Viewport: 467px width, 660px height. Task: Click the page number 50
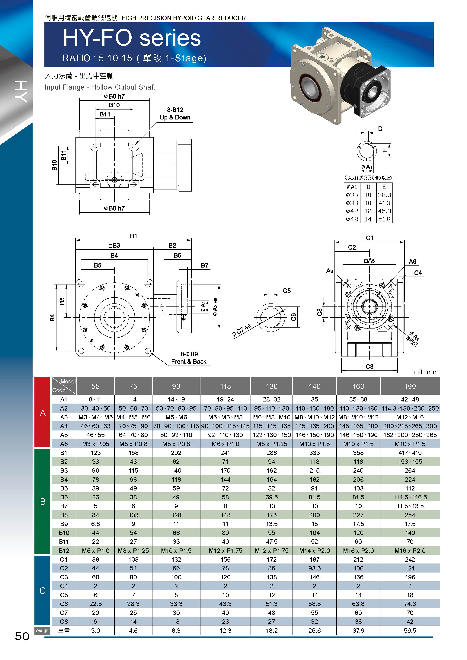[22, 636]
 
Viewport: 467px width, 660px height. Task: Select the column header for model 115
[226, 386]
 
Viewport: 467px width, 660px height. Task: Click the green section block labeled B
[43, 501]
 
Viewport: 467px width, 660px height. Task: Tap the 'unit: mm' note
[425, 372]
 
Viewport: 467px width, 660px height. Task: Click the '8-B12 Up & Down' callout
[175, 114]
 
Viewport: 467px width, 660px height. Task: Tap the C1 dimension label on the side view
[369, 238]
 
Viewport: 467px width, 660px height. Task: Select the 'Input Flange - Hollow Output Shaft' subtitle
[100, 87]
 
